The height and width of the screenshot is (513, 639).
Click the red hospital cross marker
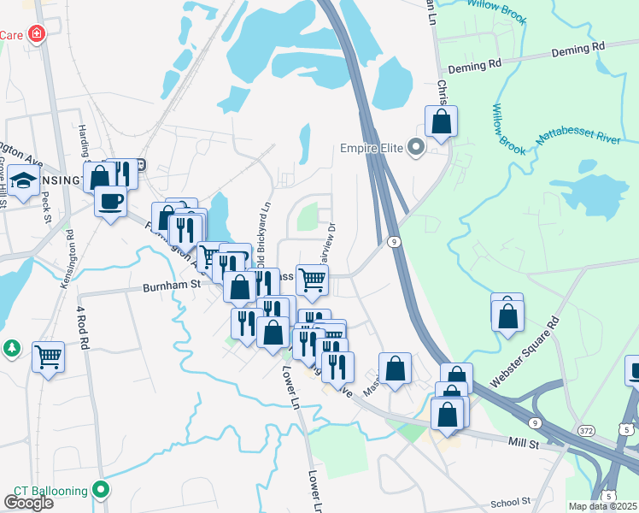click(37, 34)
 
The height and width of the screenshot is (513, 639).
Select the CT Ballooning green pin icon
click(102, 490)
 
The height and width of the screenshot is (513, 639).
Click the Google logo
click(28, 502)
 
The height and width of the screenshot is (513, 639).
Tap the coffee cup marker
click(110, 202)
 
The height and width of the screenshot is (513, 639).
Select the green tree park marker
click(10, 349)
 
